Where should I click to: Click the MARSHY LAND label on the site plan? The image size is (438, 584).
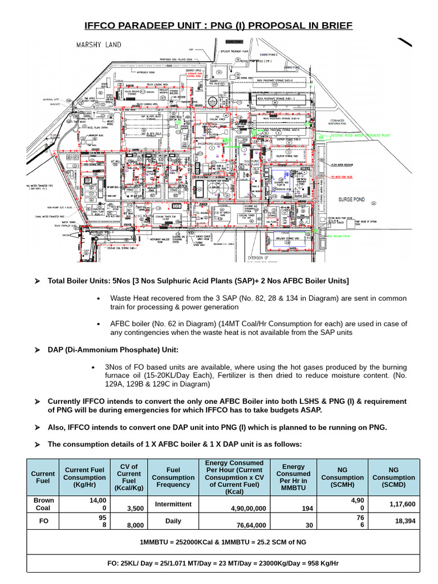(99, 44)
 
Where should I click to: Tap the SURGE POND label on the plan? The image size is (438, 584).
(354, 200)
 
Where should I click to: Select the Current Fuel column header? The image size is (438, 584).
(43, 477)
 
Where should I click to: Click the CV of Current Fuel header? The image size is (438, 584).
(129, 477)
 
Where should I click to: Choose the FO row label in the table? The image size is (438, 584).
(43, 521)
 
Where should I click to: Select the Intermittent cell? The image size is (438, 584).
(173, 504)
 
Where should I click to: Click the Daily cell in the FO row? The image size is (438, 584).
(173, 521)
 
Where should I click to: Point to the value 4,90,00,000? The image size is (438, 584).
(242, 508)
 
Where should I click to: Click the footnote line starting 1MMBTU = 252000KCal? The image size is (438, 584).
(223, 542)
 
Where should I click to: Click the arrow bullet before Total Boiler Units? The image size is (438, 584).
(38, 281)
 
